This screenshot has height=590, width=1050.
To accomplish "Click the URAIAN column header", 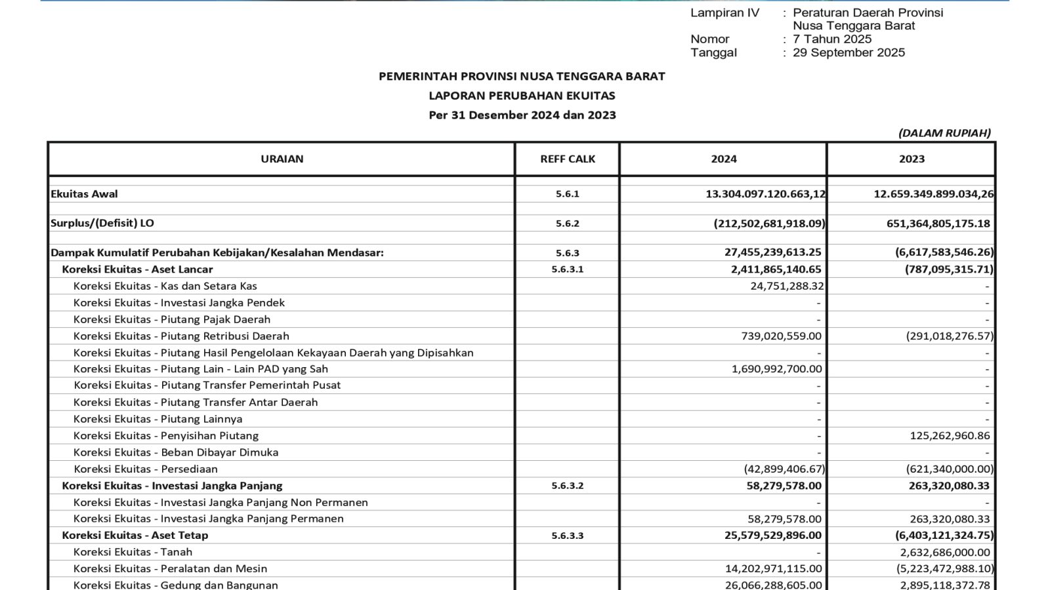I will pyautogui.click(x=282, y=159).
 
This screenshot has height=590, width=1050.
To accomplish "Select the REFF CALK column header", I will pyautogui.click(x=568, y=159).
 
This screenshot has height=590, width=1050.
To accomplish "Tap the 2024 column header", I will pyautogui.click(x=723, y=159).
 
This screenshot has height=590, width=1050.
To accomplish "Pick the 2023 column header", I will pyautogui.click(x=912, y=159).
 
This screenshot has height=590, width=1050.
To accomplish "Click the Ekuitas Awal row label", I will pyautogui.click(x=84, y=194).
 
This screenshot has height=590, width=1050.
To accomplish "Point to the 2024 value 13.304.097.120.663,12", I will pyautogui.click(x=765, y=194).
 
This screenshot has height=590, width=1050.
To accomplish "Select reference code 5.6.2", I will pyautogui.click(x=568, y=224).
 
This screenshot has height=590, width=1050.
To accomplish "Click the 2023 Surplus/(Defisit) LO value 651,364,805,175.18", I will pyautogui.click(x=938, y=224).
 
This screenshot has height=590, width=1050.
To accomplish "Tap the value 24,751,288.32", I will pyautogui.click(x=787, y=286).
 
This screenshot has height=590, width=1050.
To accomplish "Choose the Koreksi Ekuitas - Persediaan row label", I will pyautogui.click(x=146, y=469).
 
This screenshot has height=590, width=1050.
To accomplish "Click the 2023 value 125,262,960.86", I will pyautogui.click(x=950, y=435).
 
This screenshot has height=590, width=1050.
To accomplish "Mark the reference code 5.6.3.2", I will pyautogui.click(x=568, y=486).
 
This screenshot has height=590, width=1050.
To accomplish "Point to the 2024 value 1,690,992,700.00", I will pyautogui.click(x=776, y=369).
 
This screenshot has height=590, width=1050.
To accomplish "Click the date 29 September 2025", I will pyautogui.click(x=849, y=52).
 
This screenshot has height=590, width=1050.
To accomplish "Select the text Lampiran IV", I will pyautogui.click(x=724, y=12).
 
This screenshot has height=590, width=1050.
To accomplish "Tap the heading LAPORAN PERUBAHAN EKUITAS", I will pyautogui.click(x=522, y=96).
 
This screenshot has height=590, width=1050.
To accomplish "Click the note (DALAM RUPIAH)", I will pyautogui.click(x=944, y=133).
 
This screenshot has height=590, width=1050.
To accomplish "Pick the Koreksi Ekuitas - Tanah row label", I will pyautogui.click(x=133, y=552).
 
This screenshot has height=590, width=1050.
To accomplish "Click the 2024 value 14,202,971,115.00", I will pyautogui.click(x=773, y=568).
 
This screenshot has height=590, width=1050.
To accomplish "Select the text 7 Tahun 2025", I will pyautogui.click(x=832, y=39).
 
